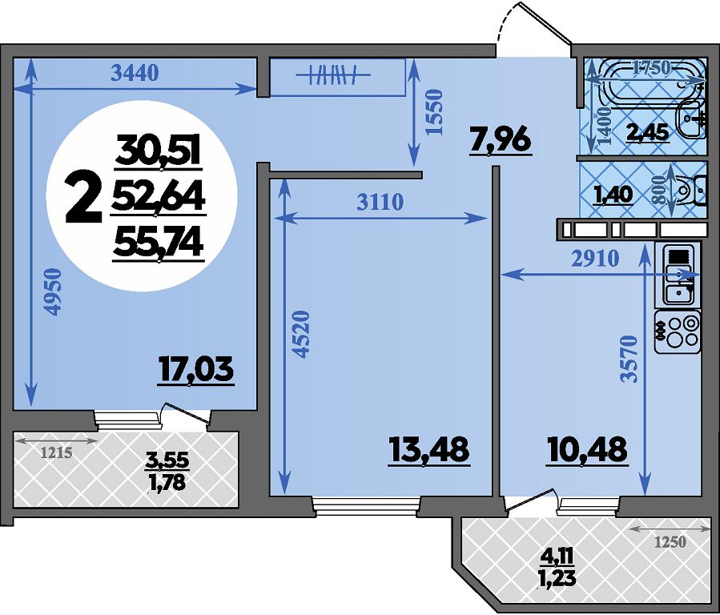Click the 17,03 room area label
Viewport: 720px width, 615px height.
pyautogui.click(x=196, y=371)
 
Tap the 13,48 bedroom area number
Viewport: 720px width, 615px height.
pyautogui.click(x=429, y=449)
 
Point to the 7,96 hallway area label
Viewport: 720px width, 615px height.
pyautogui.click(x=501, y=140)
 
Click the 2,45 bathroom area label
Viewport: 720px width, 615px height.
pyautogui.click(x=648, y=133)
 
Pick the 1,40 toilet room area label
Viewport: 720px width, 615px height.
pyautogui.click(x=614, y=195)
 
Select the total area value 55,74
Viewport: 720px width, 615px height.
pyautogui.click(x=159, y=243)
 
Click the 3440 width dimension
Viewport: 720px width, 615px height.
pyautogui.click(x=135, y=73)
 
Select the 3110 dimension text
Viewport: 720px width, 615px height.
pyautogui.click(x=380, y=202)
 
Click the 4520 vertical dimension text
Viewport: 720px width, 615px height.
pyautogui.click(x=301, y=334)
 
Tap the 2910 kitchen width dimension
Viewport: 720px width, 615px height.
pyautogui.click(x=596, y=259)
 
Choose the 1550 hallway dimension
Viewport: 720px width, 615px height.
pyautogui.click(x=434, y=112)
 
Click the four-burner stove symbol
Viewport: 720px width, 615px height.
pyautogui.click(x=678, y=332)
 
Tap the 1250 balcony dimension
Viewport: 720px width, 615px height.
pyautogui.click(x=670, y=542)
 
